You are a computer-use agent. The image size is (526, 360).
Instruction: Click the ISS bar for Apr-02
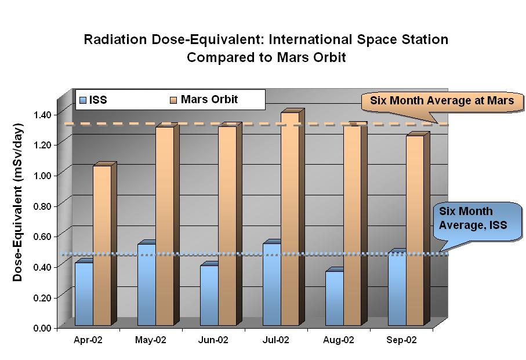tap(84, 294)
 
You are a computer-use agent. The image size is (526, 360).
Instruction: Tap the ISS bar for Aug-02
tap(334, 298)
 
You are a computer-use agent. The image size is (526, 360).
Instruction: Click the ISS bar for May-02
tap(146, 285)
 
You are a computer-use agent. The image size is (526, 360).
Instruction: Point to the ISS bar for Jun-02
tap(209, 295)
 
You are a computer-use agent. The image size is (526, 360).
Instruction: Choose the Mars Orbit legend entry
tap(202, 100)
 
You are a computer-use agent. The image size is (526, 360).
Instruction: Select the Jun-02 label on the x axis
tap(214, 340)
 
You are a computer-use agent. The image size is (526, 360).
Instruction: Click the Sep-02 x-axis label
tap(401, 340)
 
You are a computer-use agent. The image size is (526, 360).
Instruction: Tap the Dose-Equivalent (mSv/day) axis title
tap(18, 202)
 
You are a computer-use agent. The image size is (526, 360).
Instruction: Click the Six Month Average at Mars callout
tap(442, 101)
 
